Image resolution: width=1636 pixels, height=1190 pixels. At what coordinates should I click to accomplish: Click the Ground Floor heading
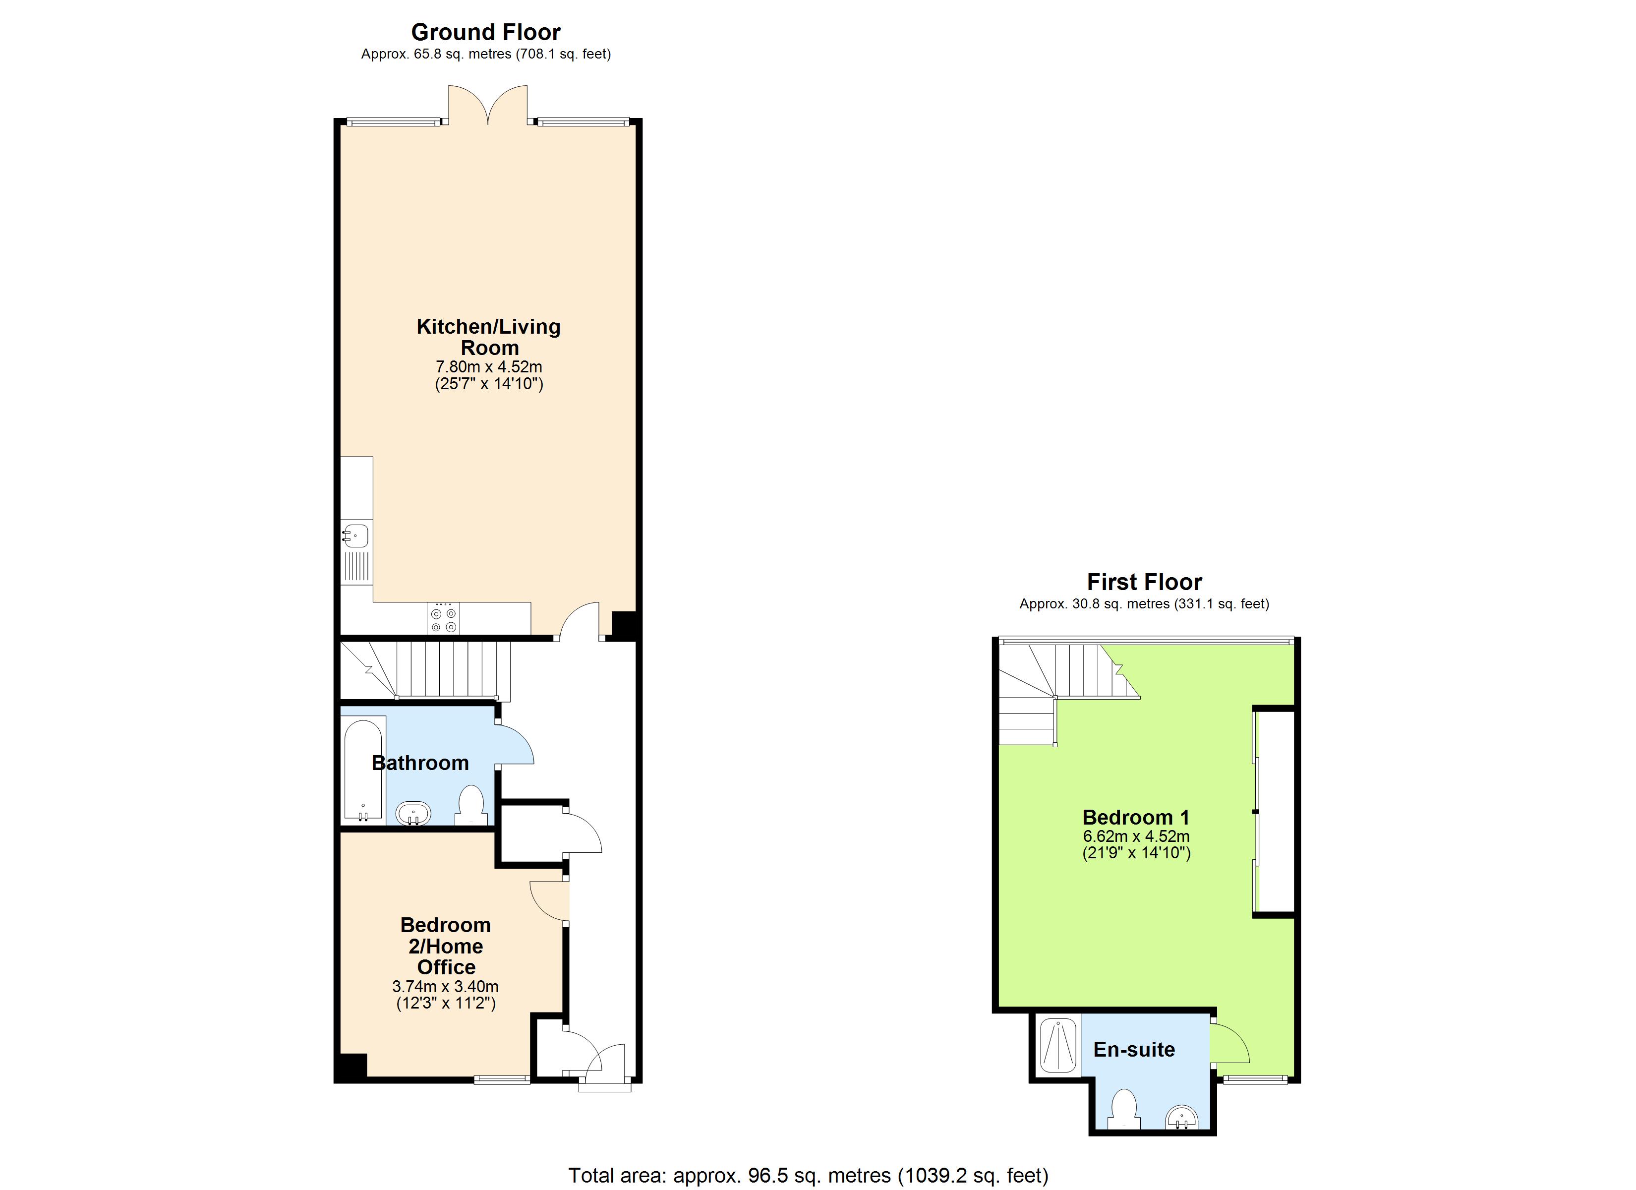485,32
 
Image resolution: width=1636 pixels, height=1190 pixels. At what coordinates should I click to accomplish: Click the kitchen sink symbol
355,535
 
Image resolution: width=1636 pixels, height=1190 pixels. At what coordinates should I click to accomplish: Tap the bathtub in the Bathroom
363,769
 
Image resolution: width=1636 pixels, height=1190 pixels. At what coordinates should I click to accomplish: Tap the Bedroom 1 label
1135,818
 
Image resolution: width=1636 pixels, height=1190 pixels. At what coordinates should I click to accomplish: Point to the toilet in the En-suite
1124,1109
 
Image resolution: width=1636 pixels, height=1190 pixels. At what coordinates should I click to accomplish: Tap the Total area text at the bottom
808,1176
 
